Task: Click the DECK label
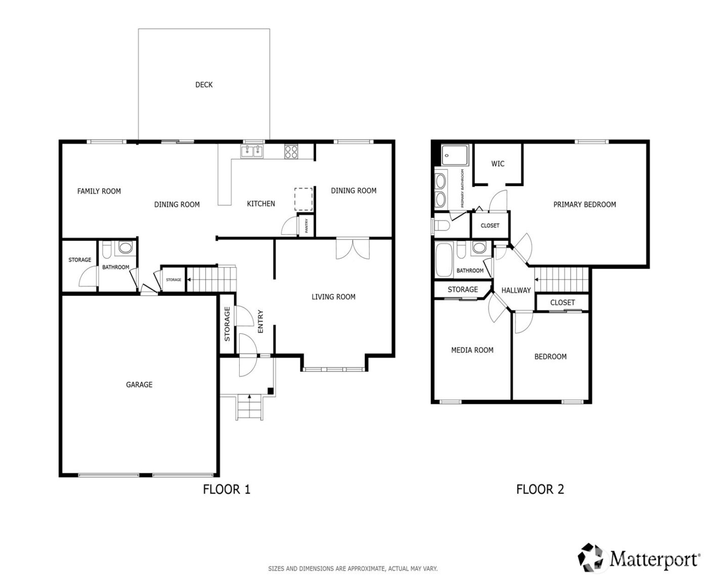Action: pos(204,85)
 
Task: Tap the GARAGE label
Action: pos(139,385)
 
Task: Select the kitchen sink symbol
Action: pos(252,151)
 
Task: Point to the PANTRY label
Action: pos(306,226)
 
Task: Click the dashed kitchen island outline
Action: pos(303,198)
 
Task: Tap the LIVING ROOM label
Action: pos(333,297)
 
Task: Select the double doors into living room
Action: pos(353,249)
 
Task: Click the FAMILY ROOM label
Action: pos(99,191)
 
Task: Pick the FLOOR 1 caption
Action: pos(227,489)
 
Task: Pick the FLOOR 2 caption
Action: pos(540,489)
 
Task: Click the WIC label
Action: pos(498,164)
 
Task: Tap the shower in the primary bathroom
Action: pos(455,155)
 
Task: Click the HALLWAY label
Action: pos(516,290)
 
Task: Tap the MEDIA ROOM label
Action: pos(472,350)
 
